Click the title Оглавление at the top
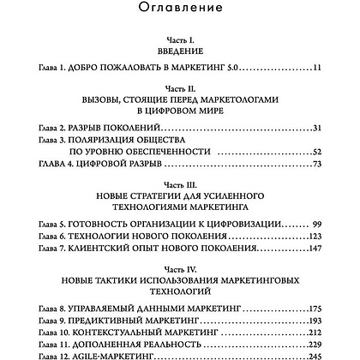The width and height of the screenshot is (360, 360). pos(180,9)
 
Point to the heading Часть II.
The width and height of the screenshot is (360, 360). pos(180,87)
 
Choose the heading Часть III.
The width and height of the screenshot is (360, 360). pos(180,184)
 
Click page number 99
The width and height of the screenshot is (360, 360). pos(315,224)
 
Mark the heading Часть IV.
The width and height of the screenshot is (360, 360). pos(180,268)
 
